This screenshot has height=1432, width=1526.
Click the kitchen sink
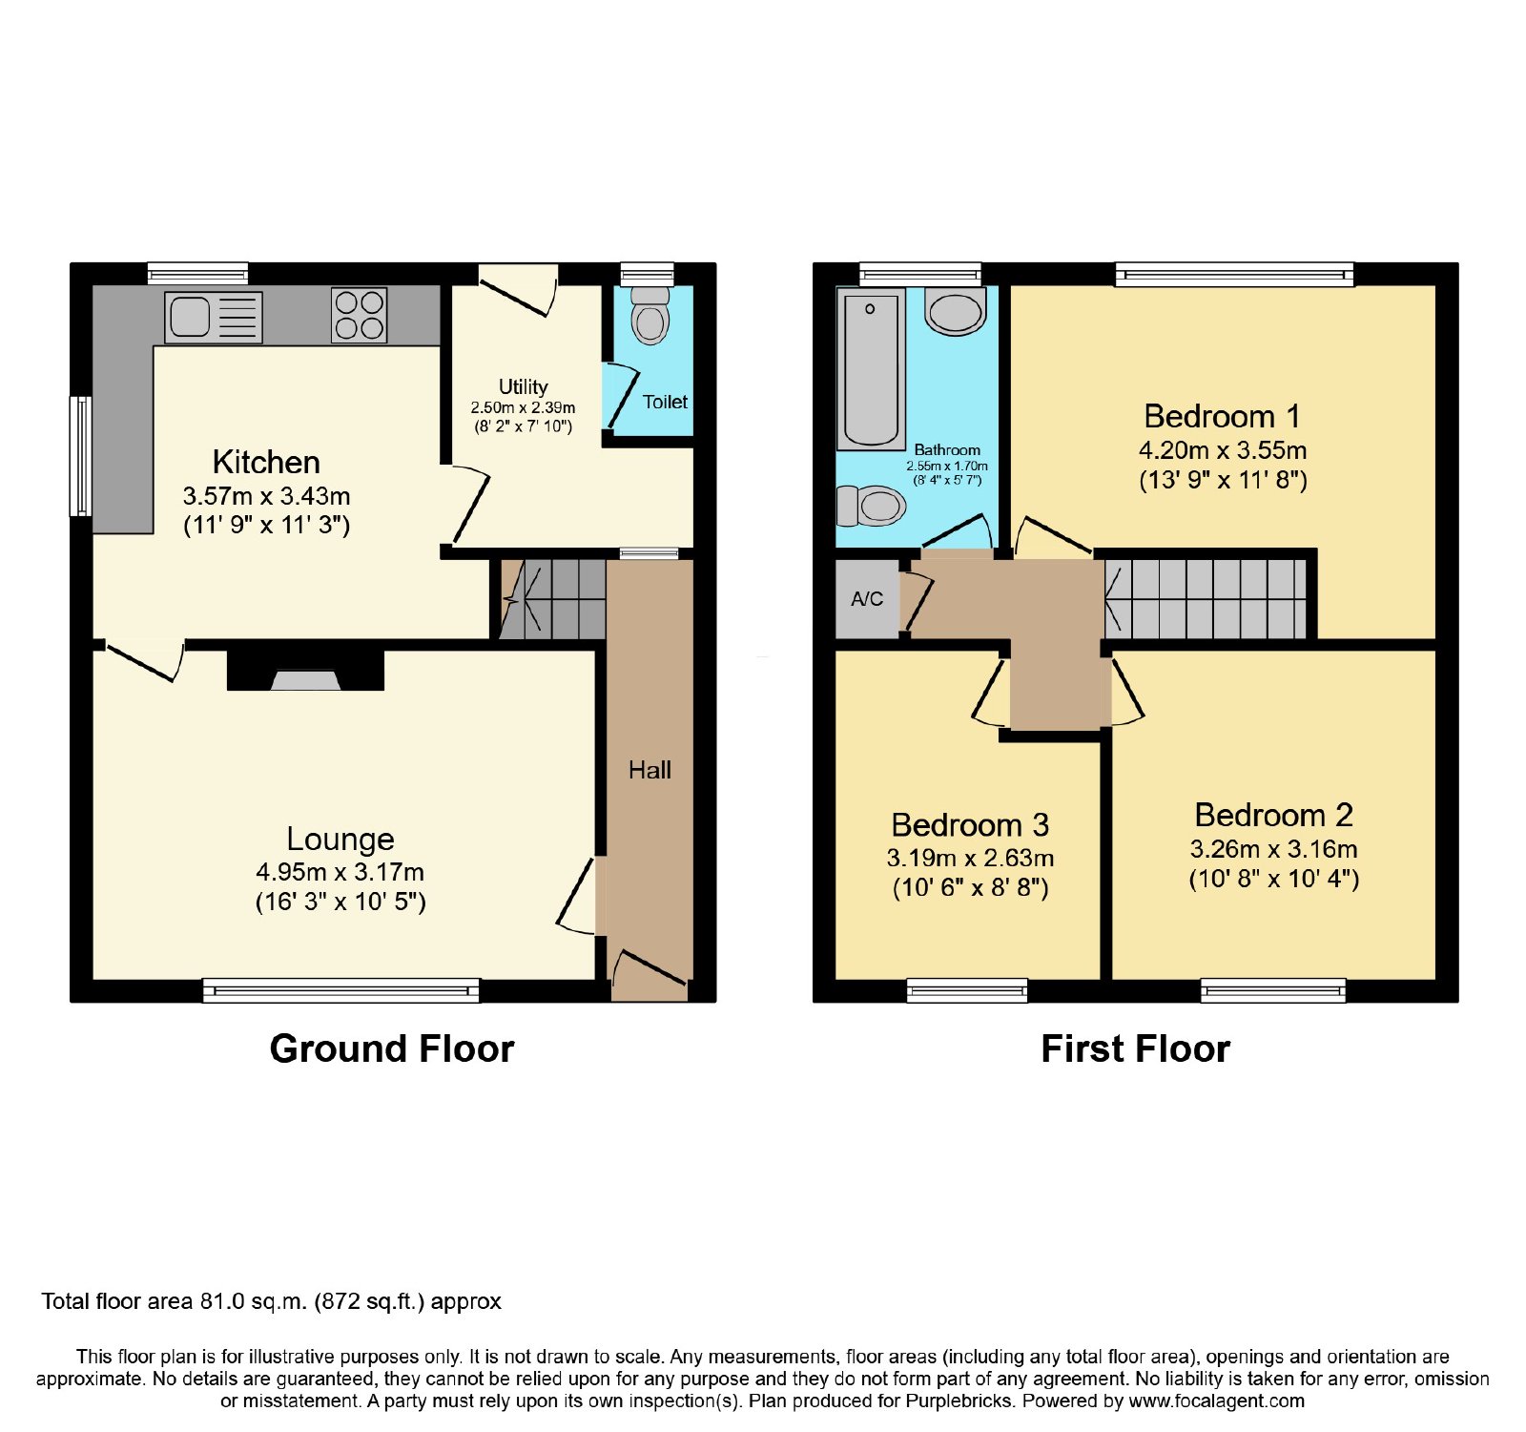pos(214,316)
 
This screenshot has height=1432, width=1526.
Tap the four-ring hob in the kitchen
pos(360,315)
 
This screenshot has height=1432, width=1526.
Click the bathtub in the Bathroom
pos(871,370)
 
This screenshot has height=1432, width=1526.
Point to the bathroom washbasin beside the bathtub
pos(956,311)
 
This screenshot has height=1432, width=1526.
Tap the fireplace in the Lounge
pos(305,671)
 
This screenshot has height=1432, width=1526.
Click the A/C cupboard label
pos(867,599)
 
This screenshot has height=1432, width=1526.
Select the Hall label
pos(650,770)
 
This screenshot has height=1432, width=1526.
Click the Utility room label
pos(524,386)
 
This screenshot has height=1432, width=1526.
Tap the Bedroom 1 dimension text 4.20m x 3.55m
pos(1223,450)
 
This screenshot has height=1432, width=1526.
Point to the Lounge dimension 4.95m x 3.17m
pos(340,872)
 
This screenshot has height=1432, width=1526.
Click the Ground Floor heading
pos(392,1048)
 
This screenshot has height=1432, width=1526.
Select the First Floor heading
pos(1135,1048)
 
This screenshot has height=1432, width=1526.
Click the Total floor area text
pos(271,1301)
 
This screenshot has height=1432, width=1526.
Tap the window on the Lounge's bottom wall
pos(341,990)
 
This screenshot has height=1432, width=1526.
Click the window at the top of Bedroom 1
pos(1235,275)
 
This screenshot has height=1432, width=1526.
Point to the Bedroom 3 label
pos(970,824)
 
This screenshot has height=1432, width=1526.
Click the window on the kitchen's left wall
pos(82,456)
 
